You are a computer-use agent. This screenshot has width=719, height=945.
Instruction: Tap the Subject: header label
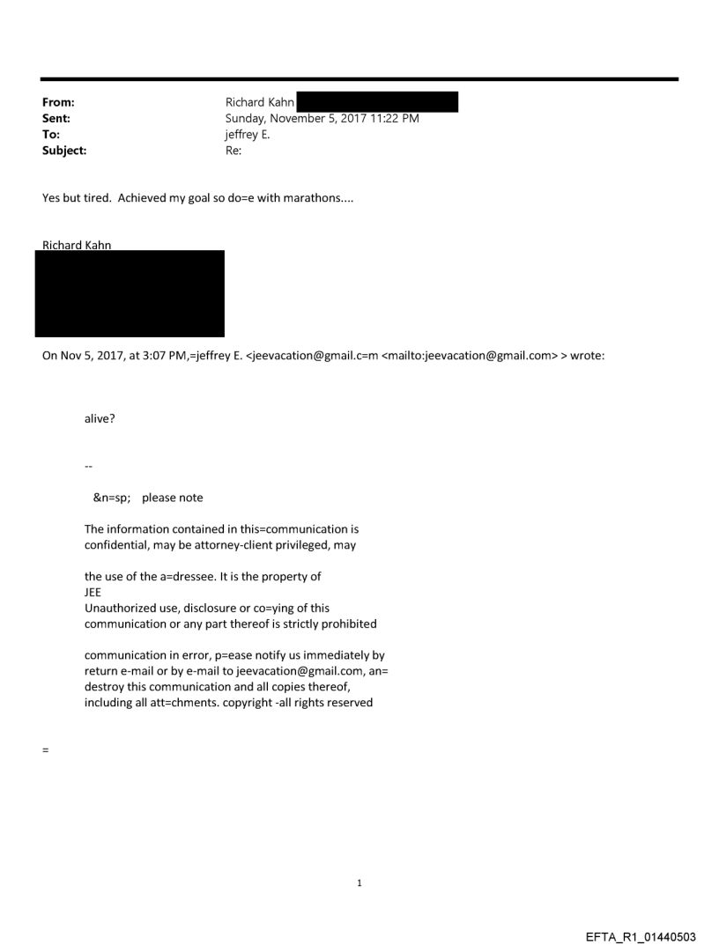(x=63, y=151)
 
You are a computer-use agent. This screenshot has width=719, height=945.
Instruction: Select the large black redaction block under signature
(x=130, y=293)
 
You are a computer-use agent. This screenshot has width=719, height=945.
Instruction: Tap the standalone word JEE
(x=92, y=593)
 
